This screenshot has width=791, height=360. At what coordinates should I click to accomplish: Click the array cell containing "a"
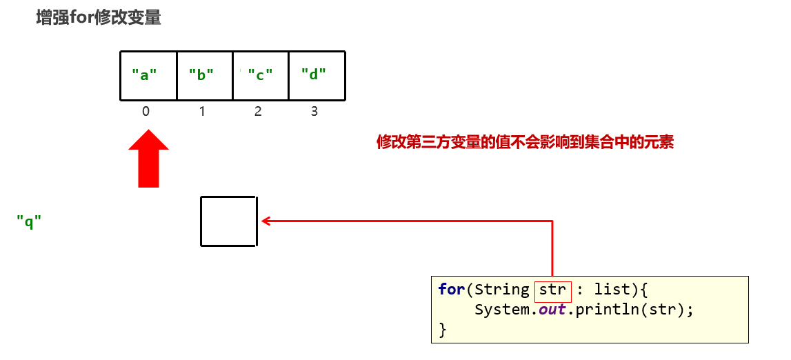148,75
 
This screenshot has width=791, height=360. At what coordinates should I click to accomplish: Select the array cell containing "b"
205,75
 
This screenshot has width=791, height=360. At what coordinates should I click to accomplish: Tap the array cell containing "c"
261,75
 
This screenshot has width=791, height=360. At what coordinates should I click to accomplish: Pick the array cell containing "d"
317,75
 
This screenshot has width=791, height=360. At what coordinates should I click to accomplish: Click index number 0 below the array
146,111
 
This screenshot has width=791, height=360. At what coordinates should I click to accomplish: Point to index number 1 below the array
202,111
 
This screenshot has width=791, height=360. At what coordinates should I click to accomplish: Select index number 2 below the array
258,111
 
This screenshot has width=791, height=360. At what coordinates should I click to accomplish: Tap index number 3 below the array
314,111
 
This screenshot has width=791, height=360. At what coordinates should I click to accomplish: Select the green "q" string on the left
29,222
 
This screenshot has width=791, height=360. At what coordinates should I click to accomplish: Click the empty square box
229,221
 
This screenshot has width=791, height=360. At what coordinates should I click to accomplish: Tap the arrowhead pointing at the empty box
266,221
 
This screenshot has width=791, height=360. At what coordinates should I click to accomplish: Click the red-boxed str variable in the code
552,290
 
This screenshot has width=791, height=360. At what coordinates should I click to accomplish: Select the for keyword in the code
451,290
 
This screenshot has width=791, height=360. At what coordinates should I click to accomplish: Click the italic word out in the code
552,310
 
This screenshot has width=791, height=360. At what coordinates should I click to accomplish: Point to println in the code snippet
603,310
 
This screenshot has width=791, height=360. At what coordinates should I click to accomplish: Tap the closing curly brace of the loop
443,330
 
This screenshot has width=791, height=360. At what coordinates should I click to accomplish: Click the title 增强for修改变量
99,18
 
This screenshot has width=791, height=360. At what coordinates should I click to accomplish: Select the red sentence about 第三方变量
525,143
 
